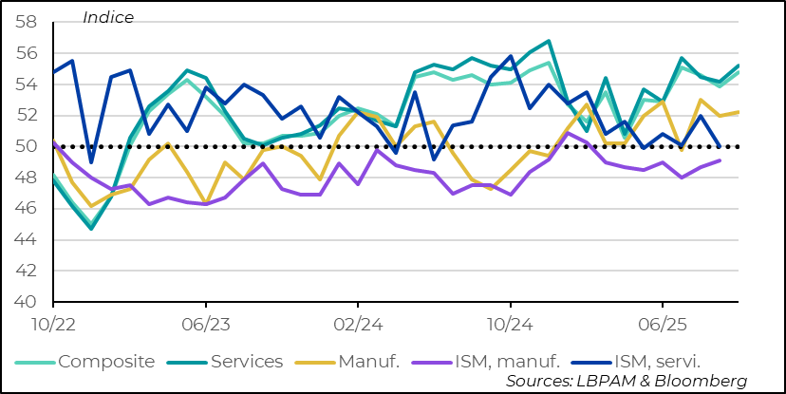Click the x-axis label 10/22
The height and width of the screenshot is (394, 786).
coord(53,323)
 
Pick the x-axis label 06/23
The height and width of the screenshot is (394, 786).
coord(205,323)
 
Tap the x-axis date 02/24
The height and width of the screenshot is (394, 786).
coord(357,323)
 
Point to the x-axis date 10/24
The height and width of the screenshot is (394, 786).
coord(510,323)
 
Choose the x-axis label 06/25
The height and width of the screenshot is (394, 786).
coord(662,323)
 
